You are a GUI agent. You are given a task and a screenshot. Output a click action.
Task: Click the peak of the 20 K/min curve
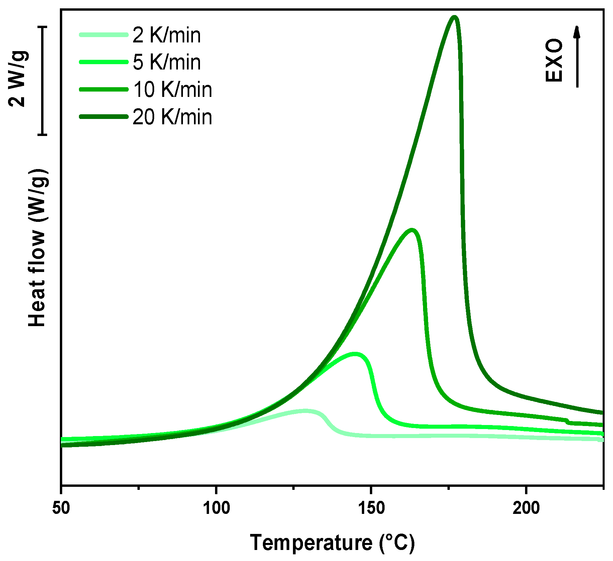[x=454, y=17]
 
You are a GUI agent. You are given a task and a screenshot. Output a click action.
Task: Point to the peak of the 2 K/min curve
[x=305, y=411]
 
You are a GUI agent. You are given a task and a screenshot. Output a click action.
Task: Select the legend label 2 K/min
[x=166, y=35]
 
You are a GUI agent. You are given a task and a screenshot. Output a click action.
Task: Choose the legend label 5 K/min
[x=166, y=62]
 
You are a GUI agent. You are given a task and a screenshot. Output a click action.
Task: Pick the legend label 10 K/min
[x=172, y=90]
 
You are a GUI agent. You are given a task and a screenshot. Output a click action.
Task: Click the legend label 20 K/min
[x=172, y=117]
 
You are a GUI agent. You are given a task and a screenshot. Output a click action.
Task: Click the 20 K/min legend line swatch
[x=104, y=117]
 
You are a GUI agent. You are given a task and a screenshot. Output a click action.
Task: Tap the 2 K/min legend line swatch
[x=104, y=35]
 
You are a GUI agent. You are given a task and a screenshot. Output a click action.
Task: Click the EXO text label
[x=554, y=60]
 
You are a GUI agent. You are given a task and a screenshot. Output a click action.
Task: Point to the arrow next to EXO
[x=577, y=57]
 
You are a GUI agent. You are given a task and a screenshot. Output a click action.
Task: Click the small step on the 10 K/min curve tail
[x=568, y=421]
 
